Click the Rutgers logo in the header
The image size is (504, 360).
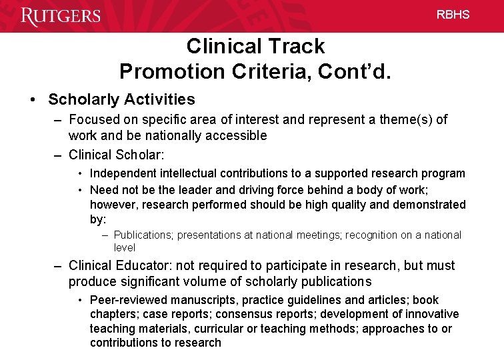pyautogui.click(x=61, y=15)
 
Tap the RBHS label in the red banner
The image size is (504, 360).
pyautogui.click(x=453, y=14)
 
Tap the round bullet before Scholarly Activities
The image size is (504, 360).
pyautogui.click(x=33, y=100)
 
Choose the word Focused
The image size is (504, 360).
pyautogui.click(x=93, y=120)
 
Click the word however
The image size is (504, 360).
pyautogui.click(x=113, y=205)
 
